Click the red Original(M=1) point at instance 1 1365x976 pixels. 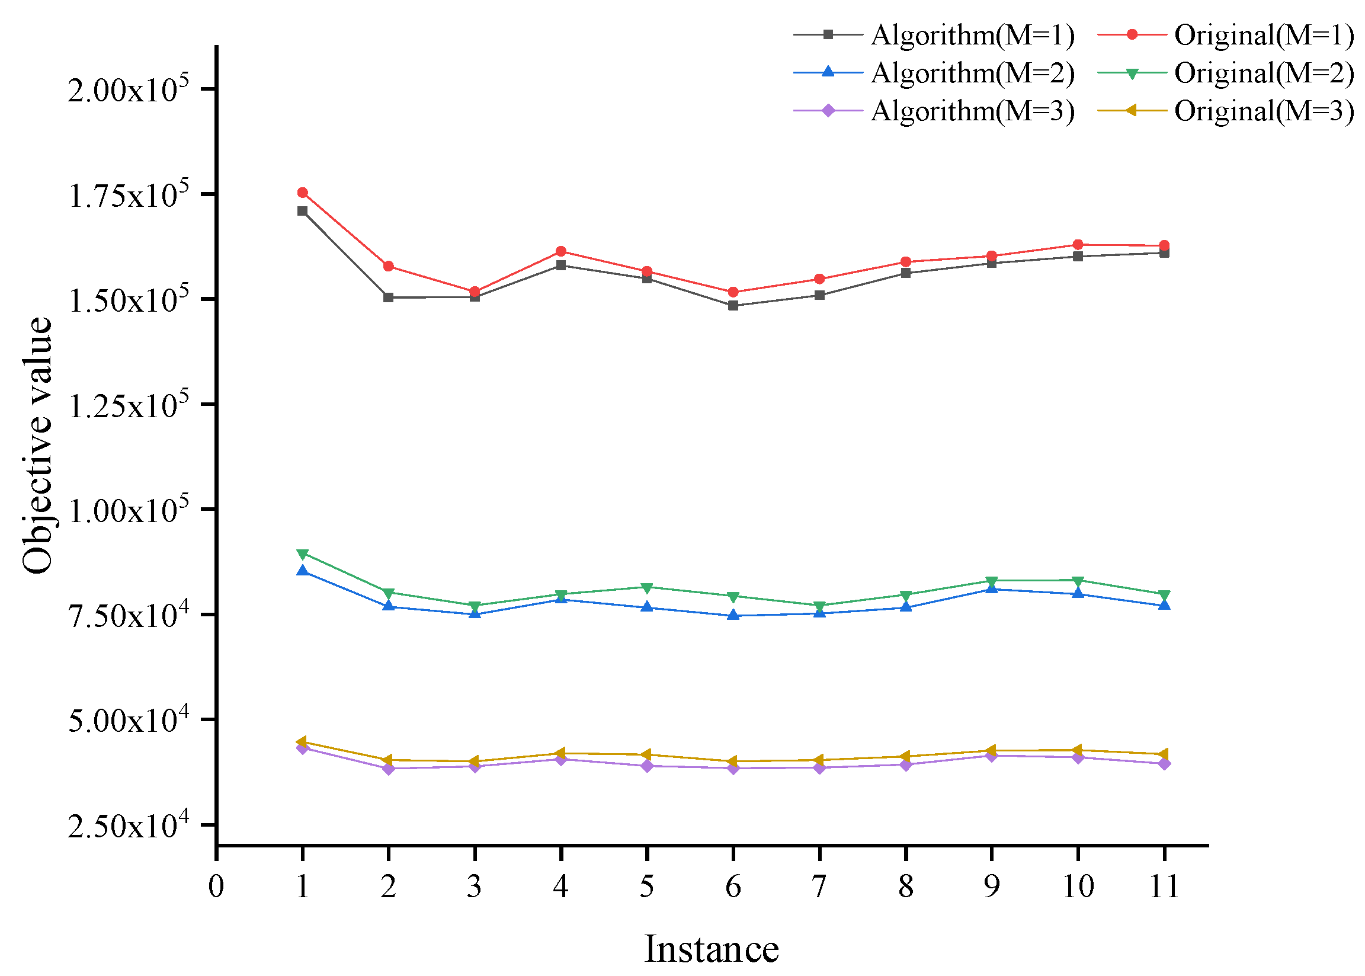[x=302, y=193]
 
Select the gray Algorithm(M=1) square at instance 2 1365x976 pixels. [x=388, y=297]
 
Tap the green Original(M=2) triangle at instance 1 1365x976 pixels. [x=302, y=553]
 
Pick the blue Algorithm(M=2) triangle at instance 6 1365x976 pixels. [x=733, y=615]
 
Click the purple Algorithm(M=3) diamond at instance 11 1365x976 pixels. [x=1164, y=764]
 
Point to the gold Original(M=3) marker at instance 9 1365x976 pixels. [x=991, y=751]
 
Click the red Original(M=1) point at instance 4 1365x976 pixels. [x=560, y=251]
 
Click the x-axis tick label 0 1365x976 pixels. [x=216, y=887]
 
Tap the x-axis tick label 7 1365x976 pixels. [x=819, y=887]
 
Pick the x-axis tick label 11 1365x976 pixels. [x=1164, y=887]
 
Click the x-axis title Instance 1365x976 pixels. [x=712, y=949]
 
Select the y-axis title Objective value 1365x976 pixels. [x=37, y=444]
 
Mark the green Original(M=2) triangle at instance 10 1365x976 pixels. [x=1078, y=581]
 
